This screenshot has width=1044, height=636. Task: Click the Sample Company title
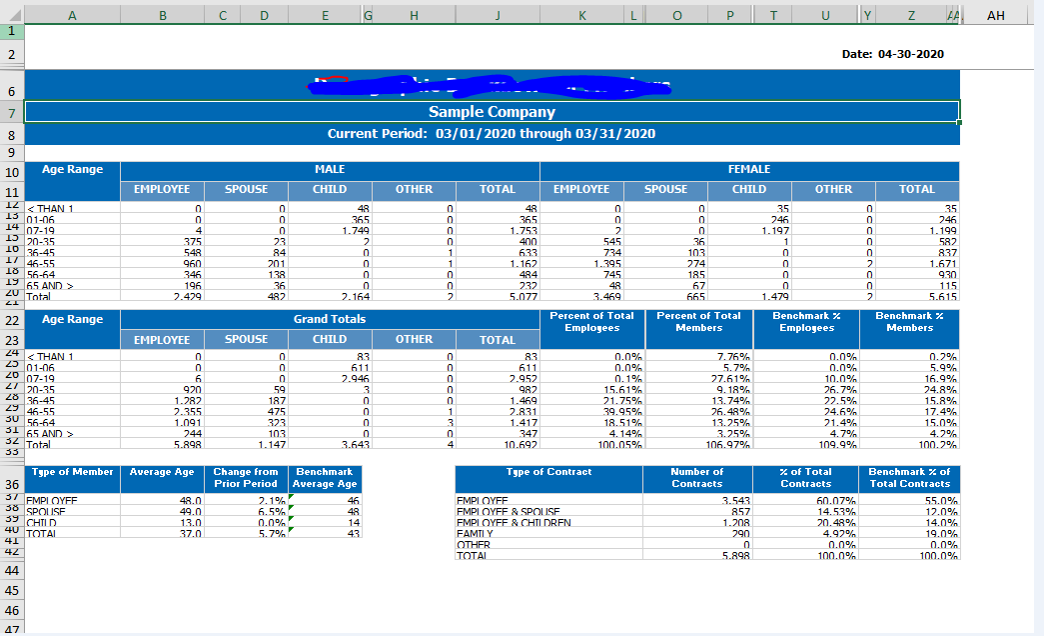[492, 112]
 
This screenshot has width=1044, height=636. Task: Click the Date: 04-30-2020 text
[892, 54]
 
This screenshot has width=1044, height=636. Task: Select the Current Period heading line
[492, 134]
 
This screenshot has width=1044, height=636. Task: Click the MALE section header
[330, 170]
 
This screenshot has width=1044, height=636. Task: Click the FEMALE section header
[749, 170]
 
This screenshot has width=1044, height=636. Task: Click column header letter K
[581, 15]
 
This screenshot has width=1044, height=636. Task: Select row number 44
[12, 570]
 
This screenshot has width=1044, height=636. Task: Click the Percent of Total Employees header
[591, 321]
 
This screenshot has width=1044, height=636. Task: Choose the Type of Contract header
[548, 472]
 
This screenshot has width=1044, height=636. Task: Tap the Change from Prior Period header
[246, 477]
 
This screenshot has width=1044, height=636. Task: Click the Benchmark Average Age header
[325, 477]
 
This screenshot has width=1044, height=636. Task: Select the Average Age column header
[162, 472]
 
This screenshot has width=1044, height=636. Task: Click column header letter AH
[995, 15]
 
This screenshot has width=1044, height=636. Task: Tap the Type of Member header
[73, 472]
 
